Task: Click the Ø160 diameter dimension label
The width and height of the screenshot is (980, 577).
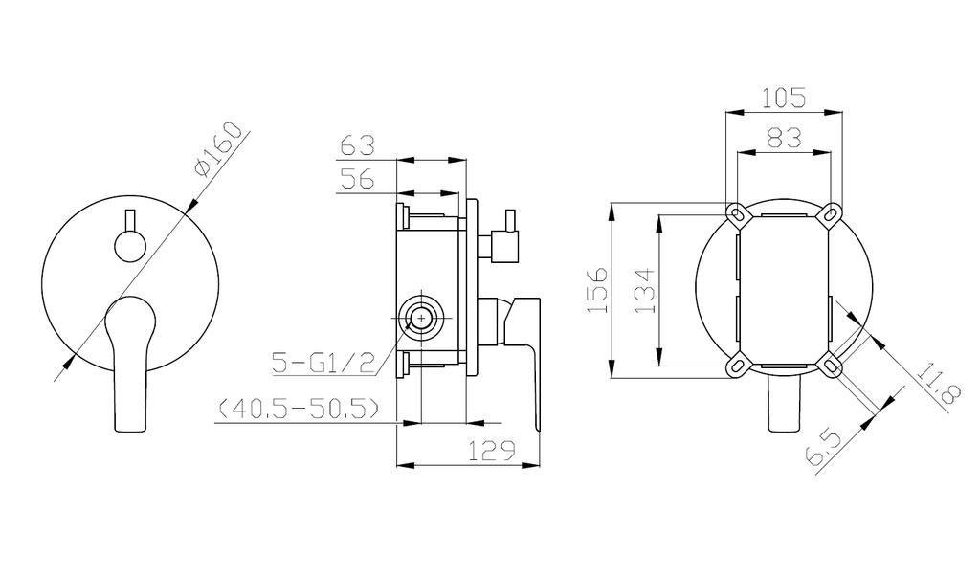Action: [217, 149]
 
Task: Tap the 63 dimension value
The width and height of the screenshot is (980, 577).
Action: [357, 145]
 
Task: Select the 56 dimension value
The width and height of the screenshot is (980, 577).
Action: [357, 179]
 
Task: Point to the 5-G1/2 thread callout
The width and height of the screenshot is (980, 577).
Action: [323, 363]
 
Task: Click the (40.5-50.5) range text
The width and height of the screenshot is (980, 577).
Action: [299, 409]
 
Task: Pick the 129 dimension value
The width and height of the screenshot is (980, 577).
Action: [492, 450]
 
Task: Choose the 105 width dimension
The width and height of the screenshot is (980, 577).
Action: [784, 98]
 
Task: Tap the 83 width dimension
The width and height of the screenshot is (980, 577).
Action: [784, 137]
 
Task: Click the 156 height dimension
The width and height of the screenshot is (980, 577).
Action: [597, 290]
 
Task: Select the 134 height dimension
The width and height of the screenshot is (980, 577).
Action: [644, 291]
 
